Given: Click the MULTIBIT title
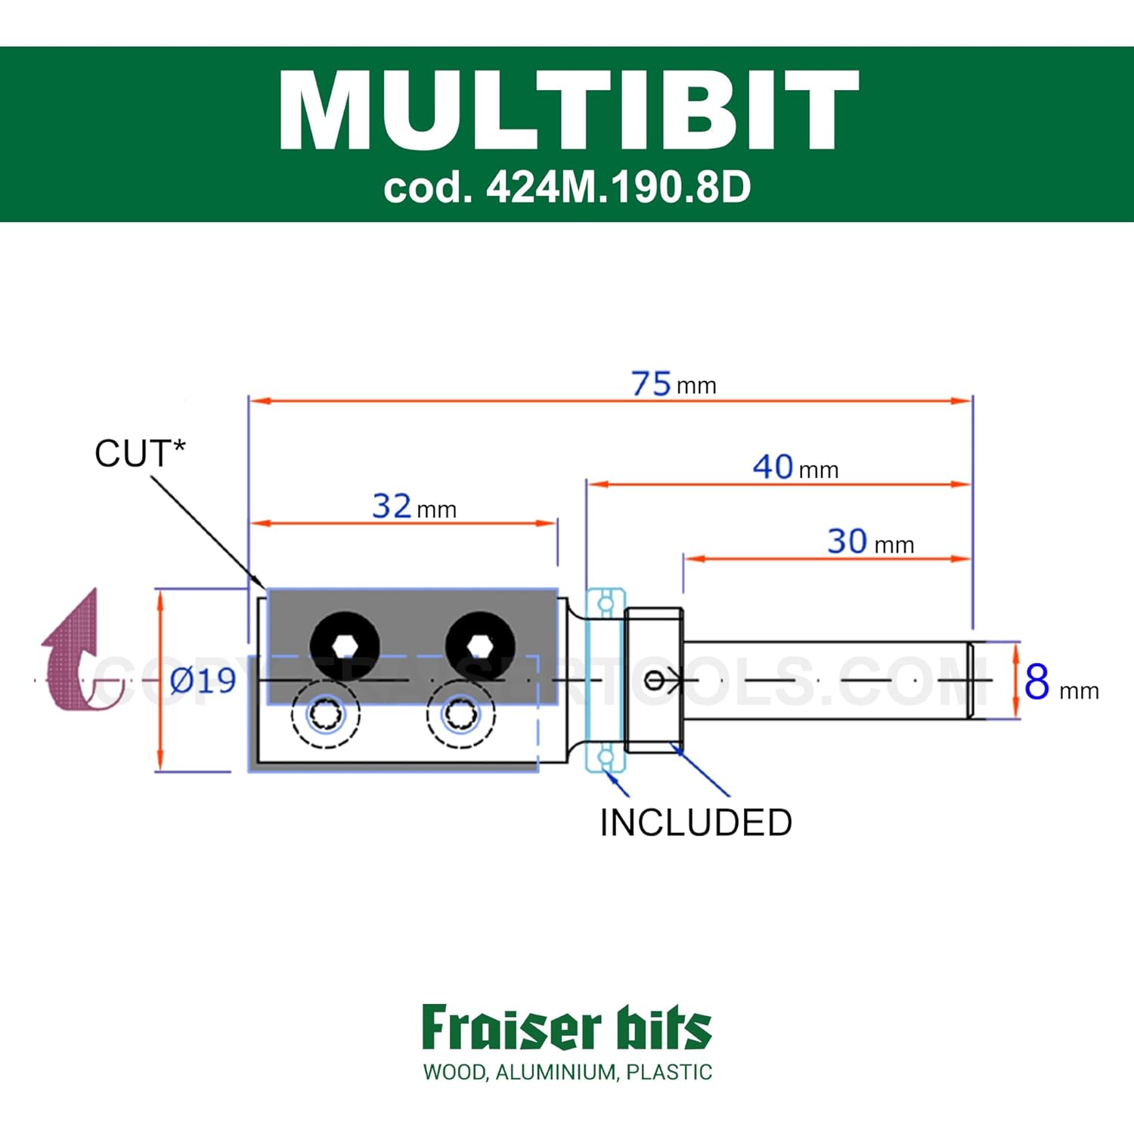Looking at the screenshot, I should click(x=569, y=111).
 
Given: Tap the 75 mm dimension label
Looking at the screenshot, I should click(x=673, y=384).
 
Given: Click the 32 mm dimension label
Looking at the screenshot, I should click(x=414, y=507).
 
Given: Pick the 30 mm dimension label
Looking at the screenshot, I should click(x=870, y=542).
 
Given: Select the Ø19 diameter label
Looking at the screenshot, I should click(x=203, y=681).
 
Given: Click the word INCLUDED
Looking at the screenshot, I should click(x=696, y=823).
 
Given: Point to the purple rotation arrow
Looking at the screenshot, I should click(x=76, y=654).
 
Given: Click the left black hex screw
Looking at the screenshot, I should click(x=345, y=646).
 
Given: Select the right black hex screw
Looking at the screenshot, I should click(x=480, y=646).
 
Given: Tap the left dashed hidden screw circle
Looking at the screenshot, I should click(x=326, y=713).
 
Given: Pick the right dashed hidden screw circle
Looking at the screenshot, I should click(x=461, y=713).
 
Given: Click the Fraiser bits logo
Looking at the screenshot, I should click(x=567, y=1028).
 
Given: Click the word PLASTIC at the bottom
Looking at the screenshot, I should click(x=669, y=1072).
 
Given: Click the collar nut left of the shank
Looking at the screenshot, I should click(x=654, y=680).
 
